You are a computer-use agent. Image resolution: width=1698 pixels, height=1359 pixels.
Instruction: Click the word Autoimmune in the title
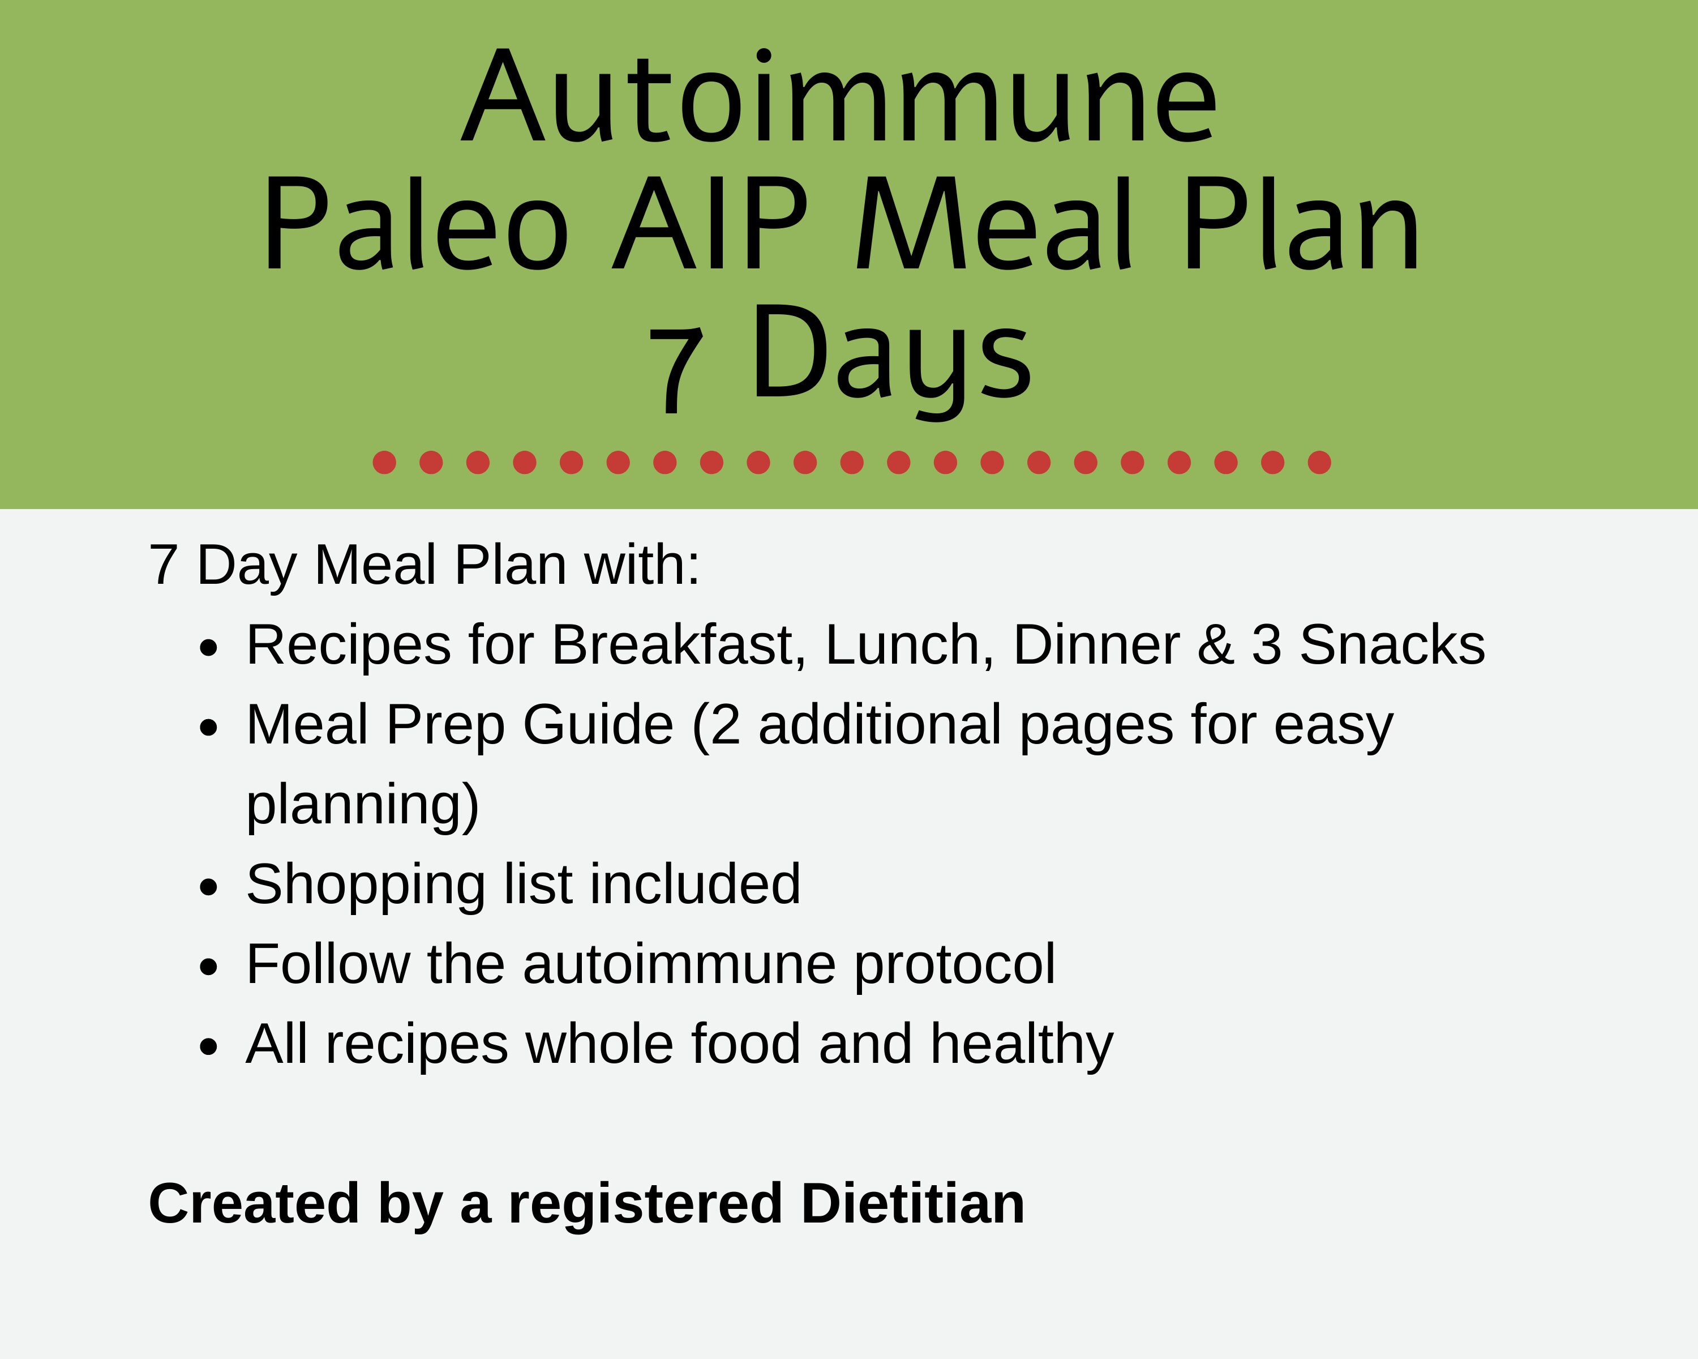click(839, 99)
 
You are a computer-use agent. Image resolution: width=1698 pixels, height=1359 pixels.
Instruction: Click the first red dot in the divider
click(384, 463)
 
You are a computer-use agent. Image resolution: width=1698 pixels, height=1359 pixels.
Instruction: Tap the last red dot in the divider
click(1319, 463)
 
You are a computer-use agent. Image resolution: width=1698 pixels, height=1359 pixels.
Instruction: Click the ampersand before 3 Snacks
click(1215, 645)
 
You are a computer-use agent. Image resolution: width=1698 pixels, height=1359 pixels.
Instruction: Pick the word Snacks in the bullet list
click(1392, 645)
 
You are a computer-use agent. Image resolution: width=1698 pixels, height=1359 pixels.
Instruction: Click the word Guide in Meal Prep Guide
click(598, 725)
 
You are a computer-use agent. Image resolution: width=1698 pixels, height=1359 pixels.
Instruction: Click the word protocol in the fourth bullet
click(954, 964)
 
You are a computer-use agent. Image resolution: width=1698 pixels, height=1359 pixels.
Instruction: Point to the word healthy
click(1022, 1045)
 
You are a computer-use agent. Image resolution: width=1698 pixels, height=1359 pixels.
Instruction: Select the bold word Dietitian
click(913, 1204)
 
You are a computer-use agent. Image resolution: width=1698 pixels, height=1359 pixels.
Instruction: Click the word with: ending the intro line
click(642, 565)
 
